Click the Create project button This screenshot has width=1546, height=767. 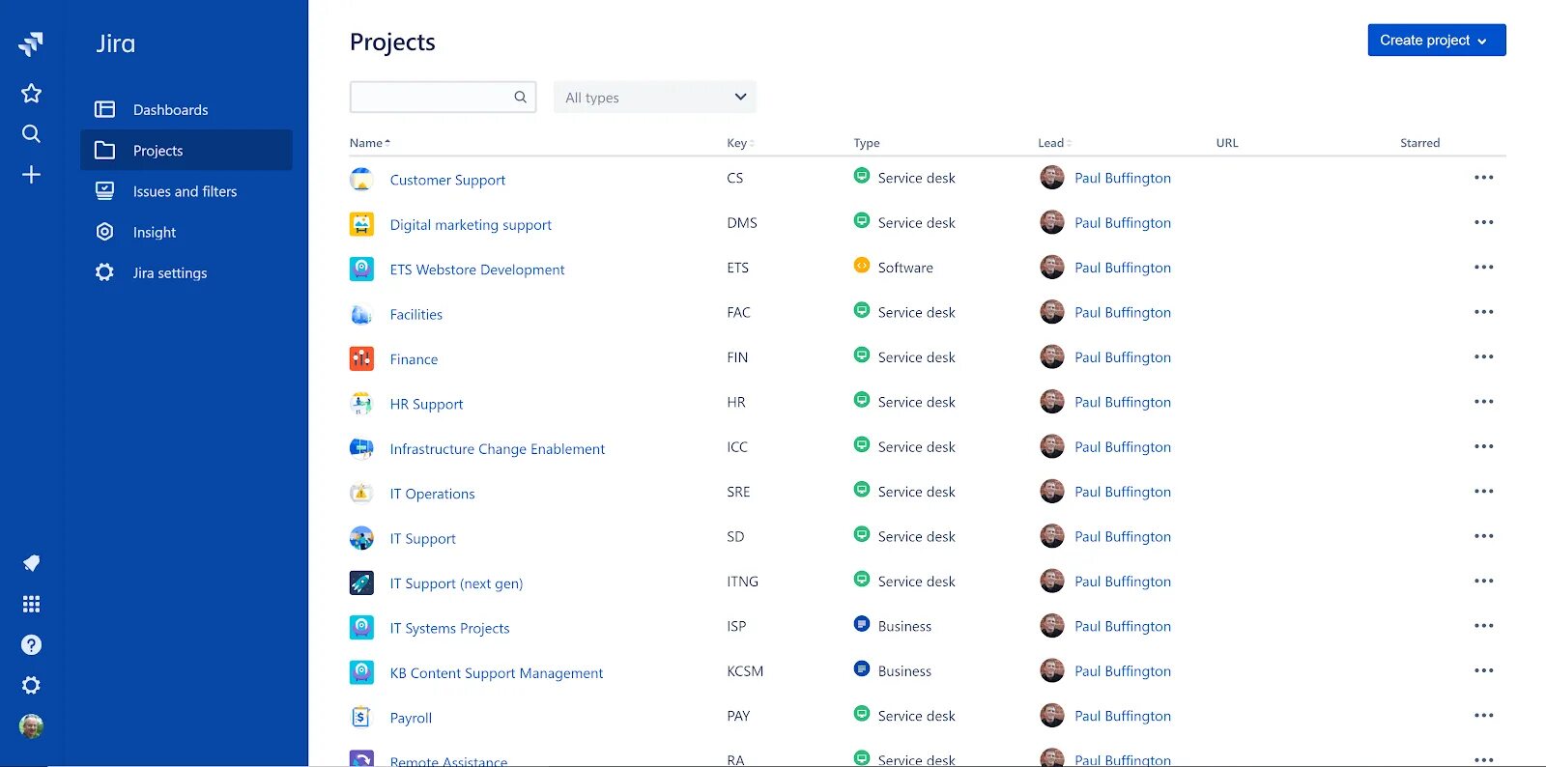click(1436, 41)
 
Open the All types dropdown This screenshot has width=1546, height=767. click(654, 98)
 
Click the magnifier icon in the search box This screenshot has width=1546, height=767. click(520, 97)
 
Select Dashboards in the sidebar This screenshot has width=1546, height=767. click(170, 110)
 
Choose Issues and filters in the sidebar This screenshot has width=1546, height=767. click(185, 191)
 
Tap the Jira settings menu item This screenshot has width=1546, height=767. click(170, 273)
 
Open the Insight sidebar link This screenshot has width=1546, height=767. click(155, 233)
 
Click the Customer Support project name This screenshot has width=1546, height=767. click(447, 180)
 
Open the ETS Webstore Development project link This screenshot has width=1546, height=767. click(477, 270)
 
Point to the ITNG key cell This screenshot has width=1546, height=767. click(742, 582)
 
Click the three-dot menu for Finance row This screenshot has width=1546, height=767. click(1483, 357)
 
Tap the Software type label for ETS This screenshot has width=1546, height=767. click(905, 268)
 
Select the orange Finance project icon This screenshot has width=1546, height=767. click(361, 359)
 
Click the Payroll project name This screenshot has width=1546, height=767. click(411, 718)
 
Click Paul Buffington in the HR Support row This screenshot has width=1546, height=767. click(1122, 403)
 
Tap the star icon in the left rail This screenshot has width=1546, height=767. click(31, 94)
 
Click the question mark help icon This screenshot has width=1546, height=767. click(31, 645)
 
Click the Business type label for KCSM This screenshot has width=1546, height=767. click(904, 671)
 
